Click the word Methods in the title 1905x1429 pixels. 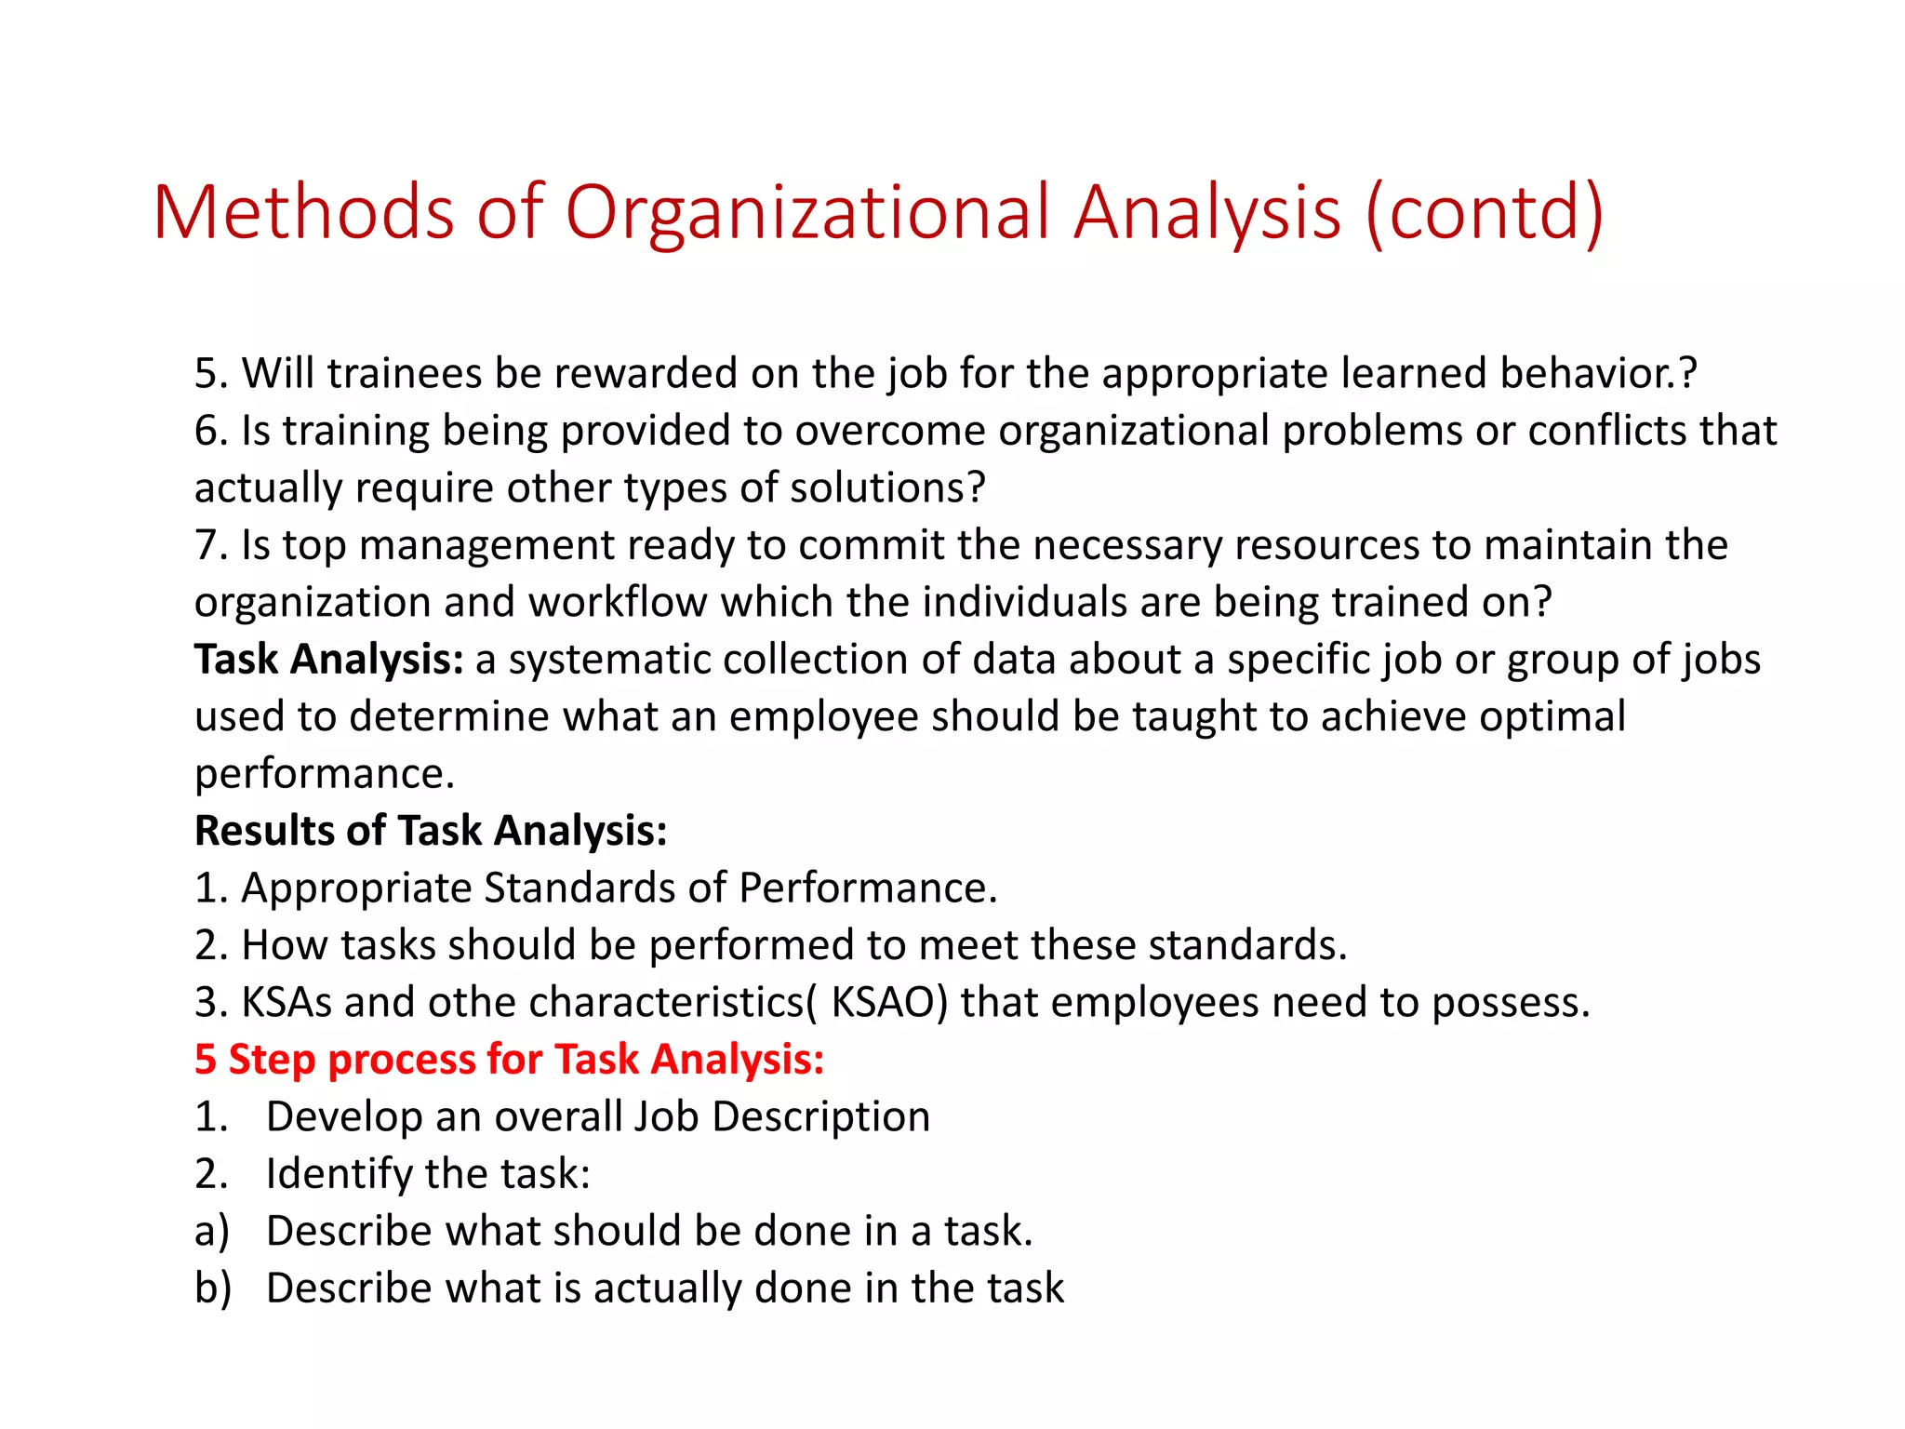click(x=303, y=212)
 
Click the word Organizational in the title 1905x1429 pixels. click(x=807, y=212)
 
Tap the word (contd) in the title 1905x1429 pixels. click(x=1485, y=212)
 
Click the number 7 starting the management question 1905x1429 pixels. click(x=206, y=545)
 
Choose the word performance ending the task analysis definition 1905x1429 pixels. click(x=323, y=774)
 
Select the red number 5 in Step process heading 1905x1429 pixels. click(x=206, y=1060)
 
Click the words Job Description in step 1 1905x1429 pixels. click(x=781, y=1116)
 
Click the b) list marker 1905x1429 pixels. click(x=212, y=1289)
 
